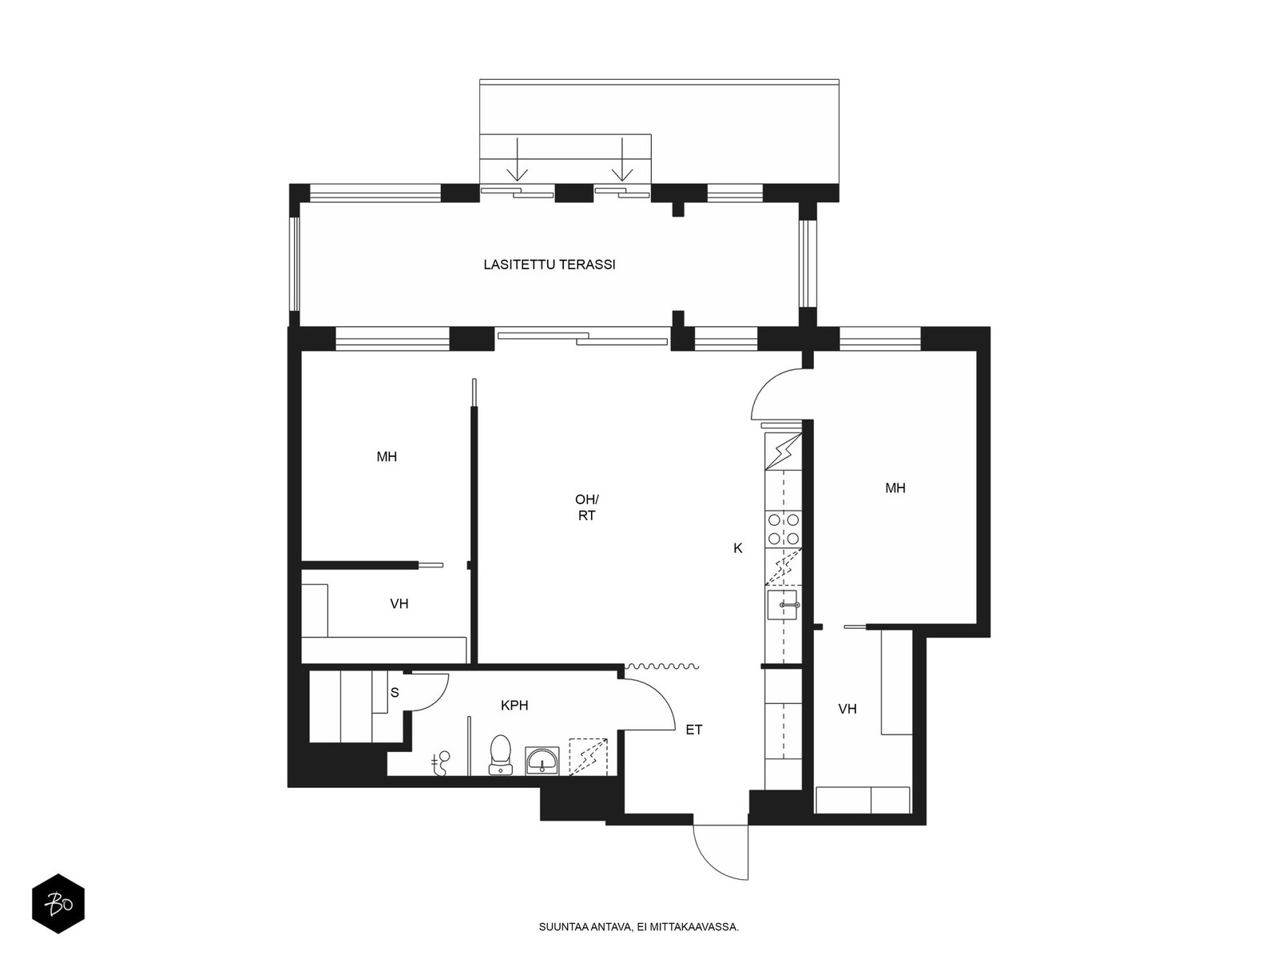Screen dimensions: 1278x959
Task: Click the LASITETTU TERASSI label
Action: [x=549, y=265]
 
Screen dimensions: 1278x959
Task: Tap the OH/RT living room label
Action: [x=586, y=507]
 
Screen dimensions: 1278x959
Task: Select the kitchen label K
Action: [x=738, y=548]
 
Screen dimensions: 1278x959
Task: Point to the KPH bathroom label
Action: [x=514, y=706]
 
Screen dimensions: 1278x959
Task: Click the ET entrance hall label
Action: [x=693, y=730]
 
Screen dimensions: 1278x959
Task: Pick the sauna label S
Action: [x=395, y=693]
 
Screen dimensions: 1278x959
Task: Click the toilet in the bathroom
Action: [x=500, y=754]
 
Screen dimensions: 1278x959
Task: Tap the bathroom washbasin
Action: [x=542, y=761]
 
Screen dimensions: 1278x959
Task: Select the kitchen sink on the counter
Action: [x=783, y=606]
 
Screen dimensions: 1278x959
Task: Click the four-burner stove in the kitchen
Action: [x=783, y=529]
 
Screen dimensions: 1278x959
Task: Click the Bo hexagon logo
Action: [x=58, y=904]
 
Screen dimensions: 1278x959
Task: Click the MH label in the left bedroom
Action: [x=387, y=457]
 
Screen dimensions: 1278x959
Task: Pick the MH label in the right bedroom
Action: [x=895, y=488]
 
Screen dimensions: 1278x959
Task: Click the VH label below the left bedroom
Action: [x=399, y=604]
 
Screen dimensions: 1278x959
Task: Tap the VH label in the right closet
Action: [x=847, y=709]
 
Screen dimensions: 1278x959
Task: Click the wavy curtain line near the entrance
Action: [x=661, y=667]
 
